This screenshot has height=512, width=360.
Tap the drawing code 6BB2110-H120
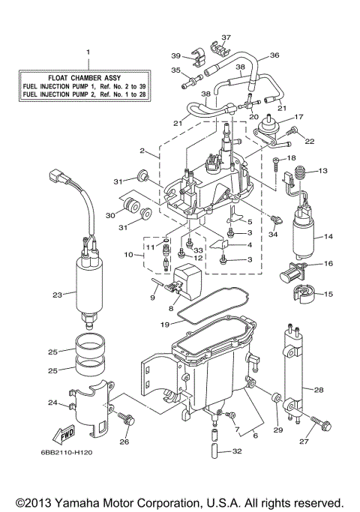click(66, 452)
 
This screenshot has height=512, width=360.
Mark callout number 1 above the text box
click(88, 53)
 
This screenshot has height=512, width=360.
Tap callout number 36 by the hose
click(274, 55)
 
